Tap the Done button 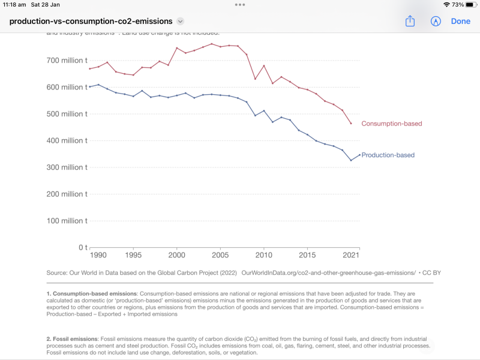(460, 21)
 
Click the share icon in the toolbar (410, 21)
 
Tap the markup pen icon (436, 21)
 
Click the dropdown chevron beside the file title (180, 22)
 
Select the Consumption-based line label (391, 124)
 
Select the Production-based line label (388, 155)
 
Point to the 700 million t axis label (67, 61)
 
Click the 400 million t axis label (67, 140)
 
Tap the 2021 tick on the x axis (351, 256)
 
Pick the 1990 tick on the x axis (98, 256)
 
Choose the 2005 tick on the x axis (220, 256)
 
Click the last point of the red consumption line (351, 124)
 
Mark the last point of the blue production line (359, 155)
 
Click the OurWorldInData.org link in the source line (328, 272)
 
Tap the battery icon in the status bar (472, 4)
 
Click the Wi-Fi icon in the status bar (446, 4)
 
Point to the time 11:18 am (14, 4)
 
